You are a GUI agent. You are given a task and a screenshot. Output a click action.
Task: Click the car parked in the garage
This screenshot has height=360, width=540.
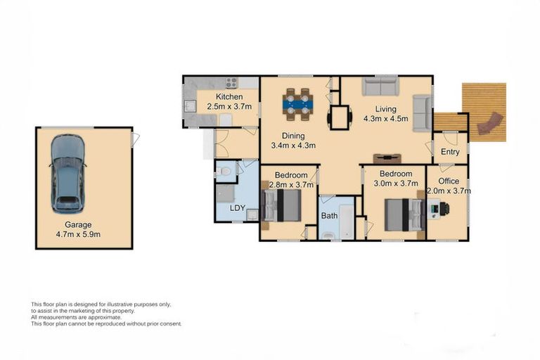(67, 174)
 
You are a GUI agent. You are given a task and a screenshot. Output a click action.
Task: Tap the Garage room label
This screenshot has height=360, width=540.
(78, 224)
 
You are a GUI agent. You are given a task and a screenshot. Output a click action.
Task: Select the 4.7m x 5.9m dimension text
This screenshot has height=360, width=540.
(78, 235)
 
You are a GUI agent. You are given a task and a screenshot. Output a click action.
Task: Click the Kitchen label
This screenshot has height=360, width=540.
(229, 97)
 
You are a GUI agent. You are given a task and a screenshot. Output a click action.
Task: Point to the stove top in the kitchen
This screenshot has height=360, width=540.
(231, 83)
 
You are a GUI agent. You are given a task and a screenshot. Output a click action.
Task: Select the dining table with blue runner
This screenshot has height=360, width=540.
(298, 104)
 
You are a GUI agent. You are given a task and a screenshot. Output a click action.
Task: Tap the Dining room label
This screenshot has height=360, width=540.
(293, 136)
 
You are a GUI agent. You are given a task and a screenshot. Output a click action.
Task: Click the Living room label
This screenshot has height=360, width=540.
(386, 109)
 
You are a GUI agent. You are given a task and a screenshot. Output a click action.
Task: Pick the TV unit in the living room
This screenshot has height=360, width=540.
(387, 158)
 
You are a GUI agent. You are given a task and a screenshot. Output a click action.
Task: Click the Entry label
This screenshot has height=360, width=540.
(450, 152)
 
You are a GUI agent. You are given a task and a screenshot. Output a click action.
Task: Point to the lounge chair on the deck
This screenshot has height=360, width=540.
(489, 123)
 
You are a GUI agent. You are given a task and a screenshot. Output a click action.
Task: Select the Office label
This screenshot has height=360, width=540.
(449, 181)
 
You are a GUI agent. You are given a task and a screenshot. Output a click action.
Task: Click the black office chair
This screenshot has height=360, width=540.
(444, 209)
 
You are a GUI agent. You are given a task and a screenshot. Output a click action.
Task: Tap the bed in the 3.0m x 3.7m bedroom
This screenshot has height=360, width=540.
(405, 215)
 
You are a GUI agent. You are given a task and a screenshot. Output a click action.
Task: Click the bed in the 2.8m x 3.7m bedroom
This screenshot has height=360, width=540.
(281, 206)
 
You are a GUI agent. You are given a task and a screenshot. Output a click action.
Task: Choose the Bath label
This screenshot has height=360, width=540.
(329, 216)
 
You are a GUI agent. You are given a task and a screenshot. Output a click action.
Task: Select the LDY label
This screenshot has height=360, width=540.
(237, 208)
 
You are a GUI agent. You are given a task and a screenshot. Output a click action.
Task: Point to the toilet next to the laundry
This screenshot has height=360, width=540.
(224, 171)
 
